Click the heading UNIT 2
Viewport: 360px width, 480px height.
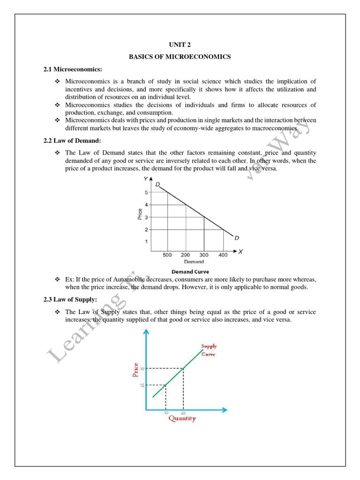(180, 45)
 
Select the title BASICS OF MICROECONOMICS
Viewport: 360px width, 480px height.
(180, 57)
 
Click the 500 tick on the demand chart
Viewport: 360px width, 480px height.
(167, 255)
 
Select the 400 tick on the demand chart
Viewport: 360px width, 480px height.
(223, 255)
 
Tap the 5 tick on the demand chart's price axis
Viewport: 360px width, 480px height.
(146, 192)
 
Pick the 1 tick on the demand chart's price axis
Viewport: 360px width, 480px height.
(146, 241)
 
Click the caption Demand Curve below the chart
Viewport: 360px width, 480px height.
(190, 271)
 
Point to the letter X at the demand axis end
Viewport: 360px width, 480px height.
(240, 252)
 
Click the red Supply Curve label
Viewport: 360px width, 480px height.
(209, 350)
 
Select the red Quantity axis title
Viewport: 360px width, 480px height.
(182, 419)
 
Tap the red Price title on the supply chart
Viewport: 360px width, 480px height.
(136, 370)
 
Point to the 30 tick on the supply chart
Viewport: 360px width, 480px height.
(142, 369)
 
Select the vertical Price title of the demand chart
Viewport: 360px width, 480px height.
(140, 214)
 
